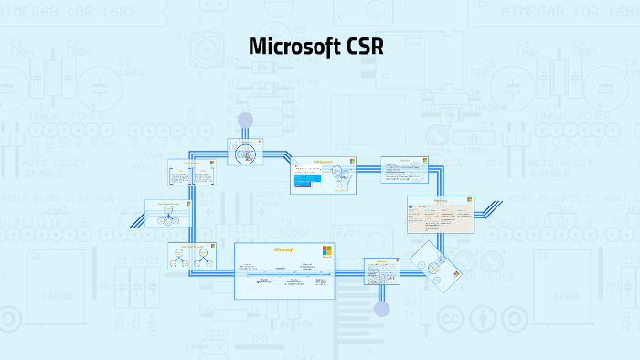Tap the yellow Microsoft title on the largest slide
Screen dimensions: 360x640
click(284, 249)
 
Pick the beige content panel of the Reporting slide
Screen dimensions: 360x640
click(439, 216)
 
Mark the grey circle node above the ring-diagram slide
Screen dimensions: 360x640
click(245, 120)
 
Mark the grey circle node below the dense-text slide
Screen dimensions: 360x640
click(382, 309)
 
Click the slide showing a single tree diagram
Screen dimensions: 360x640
click(168, 213)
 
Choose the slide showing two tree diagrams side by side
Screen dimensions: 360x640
click(191, 258)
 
